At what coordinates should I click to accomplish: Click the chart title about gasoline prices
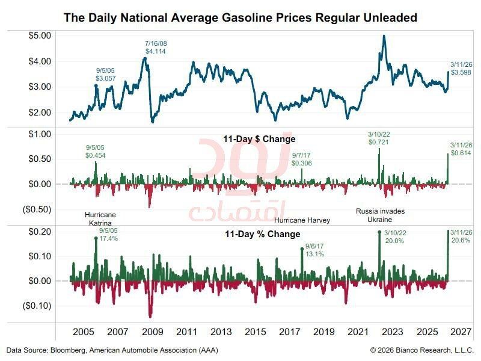coord(240,17)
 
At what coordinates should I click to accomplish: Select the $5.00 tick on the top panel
coord(40,35)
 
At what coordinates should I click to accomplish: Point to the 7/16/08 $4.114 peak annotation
coord(156,48)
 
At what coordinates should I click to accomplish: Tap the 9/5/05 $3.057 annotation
coord(106,74)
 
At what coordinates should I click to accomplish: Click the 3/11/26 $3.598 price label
coord(461,69)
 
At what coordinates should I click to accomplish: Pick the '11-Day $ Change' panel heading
coord(259,139)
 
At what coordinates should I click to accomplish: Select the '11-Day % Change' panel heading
coord(263,234)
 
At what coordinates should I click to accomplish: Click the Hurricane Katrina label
coord(100,218)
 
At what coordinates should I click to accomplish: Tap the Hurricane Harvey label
coord(302,220)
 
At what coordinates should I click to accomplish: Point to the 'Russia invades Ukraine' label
coord(380,215)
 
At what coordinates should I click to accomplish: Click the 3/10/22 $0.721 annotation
coord(379,138)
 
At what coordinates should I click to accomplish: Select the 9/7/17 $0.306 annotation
coord(302,159)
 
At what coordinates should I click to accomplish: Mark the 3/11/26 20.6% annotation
coord(461,236)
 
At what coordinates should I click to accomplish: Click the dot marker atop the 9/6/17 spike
coord(302,249)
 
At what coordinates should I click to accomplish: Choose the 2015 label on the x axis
coord(255,332)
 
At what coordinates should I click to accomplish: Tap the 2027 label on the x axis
coord(461,332)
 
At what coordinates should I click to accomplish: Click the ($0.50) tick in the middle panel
coord(37,209)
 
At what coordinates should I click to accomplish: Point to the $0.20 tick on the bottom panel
coord(40,232)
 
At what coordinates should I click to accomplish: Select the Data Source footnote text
coord(112,350)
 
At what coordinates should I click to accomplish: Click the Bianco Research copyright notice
coord(422,350)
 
